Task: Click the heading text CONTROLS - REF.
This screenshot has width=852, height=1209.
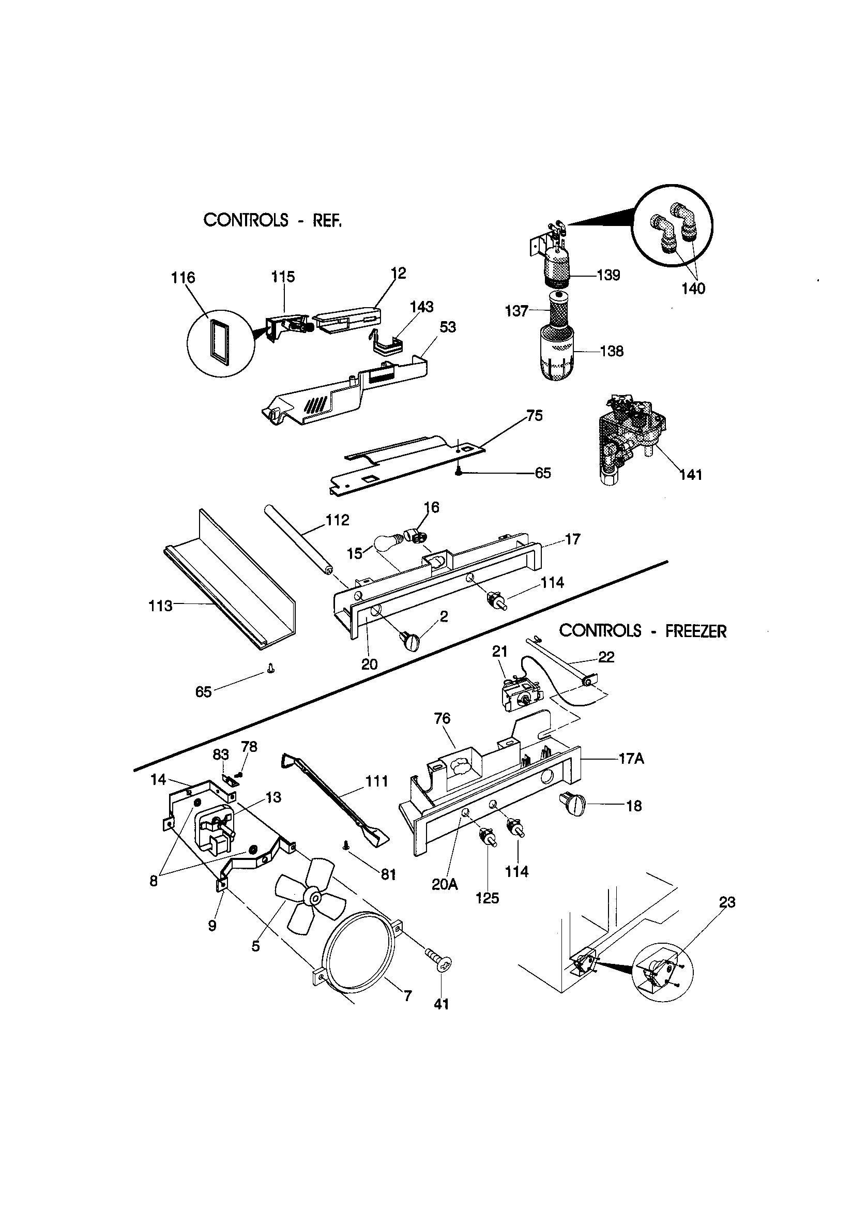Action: tap(272, 220)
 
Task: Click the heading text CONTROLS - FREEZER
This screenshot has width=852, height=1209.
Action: tap(643, 631)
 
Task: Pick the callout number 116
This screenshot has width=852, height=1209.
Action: tap(183, 278)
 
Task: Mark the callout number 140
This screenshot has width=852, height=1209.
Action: tap(693, 289)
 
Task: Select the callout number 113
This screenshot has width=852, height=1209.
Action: tap(161, 606)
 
